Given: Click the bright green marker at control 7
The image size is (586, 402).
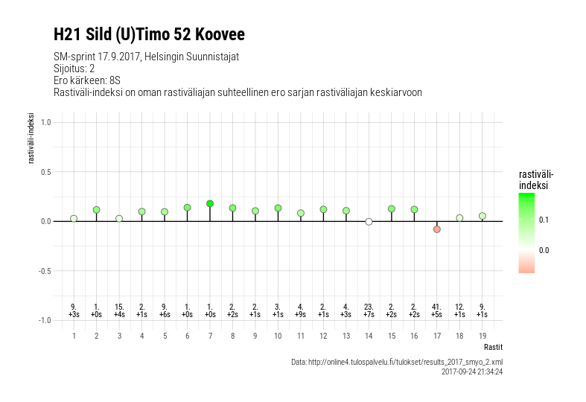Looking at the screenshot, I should point(210,203).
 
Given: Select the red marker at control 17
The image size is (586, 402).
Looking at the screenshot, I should point(437,229).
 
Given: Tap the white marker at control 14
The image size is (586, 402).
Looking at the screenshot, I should point(369,222).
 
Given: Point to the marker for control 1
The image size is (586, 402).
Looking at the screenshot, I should point(74,219).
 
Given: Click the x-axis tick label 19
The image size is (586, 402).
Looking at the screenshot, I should point(483,336).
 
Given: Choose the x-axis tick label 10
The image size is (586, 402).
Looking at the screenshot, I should point(278,336).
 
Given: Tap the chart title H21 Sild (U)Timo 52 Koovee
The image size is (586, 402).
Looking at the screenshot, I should point(149,34).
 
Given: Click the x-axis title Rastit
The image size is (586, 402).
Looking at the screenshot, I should point(493,347).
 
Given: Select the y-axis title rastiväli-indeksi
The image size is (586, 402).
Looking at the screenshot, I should point(31,138).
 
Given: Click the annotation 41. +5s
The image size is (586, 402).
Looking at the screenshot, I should point(437,310).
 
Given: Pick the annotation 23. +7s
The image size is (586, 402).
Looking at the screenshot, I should point(369,310).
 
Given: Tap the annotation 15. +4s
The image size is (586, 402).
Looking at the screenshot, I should point(119,310).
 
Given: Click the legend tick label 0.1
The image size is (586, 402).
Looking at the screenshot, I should point(544,220).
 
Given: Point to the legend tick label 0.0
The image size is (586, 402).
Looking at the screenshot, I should point(544,250).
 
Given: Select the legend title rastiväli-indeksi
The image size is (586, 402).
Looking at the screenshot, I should point(535,179).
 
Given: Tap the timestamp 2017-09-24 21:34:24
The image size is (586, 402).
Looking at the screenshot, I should point(472,371).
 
